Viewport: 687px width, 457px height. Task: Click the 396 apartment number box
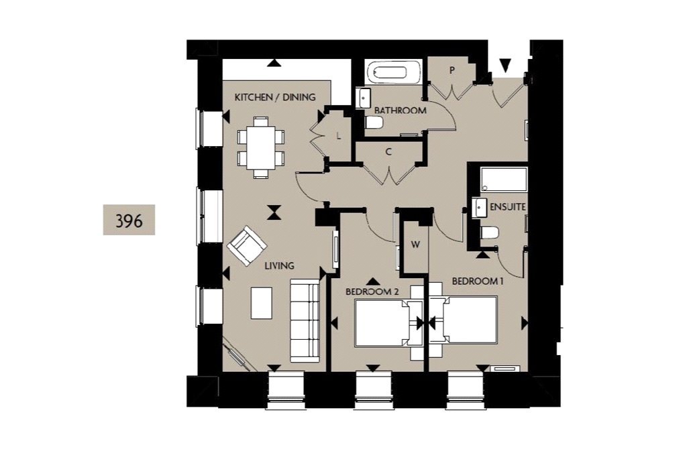(x=129, y=220)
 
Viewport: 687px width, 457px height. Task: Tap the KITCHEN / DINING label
(x=274, y=97)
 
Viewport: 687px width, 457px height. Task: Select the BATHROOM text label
(x=400, y=111)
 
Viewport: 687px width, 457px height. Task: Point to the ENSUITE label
(x=507, y=207)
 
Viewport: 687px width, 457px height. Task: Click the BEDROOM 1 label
(x=477, y=281)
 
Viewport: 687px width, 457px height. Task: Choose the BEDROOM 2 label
(x=372, y=291)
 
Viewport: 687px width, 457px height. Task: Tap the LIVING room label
(x=279, y=266)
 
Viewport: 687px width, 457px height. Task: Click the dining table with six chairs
(x=260, y=147)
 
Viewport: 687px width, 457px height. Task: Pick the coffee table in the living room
(x=262, y=303)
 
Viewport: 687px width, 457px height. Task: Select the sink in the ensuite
(x=480, y=208)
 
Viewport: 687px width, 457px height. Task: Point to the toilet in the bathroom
(x=374, y=123)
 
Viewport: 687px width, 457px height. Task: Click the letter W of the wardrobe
(x=415, y=245)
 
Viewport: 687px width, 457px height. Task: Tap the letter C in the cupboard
(x=388, y=152)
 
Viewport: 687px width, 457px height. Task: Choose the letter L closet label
(x=339, y=136)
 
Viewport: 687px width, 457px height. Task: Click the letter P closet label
(x=452, y=70)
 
